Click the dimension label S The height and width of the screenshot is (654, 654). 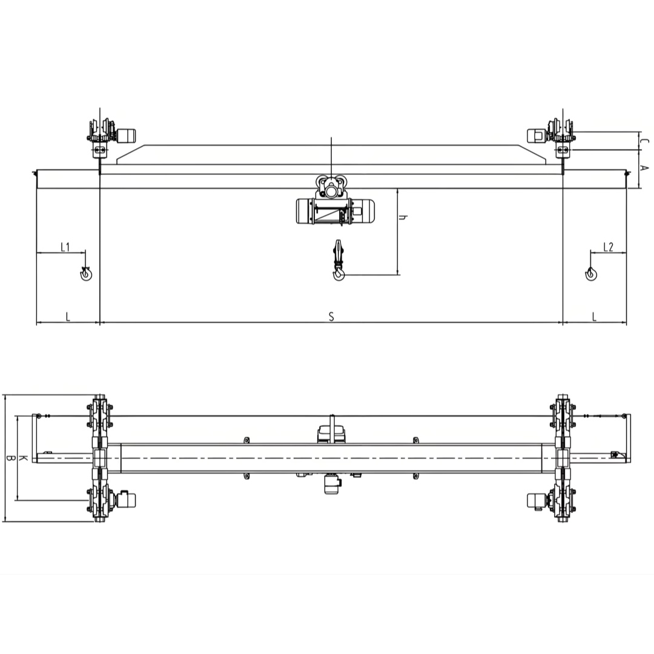click(332, 317)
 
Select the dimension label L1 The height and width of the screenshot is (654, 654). click(65, 247)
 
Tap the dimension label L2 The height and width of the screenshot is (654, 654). click(609, 247)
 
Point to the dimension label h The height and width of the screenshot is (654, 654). click(403, 217)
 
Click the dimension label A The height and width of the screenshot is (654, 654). click(644, 168)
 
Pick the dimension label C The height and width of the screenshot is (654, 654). click(644, 141)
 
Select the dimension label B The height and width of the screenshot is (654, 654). click(10, 458)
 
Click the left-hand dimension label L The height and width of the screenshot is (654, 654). click(68, 317)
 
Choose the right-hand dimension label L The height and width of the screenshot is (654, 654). click(595, 317)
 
